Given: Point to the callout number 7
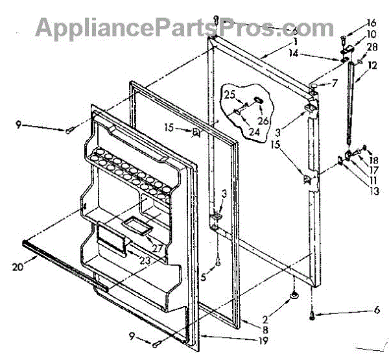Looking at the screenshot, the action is click(x=335, y=83).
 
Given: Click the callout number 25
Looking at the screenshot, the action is click(x=230, y=95).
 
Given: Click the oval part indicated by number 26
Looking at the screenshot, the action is click(x=257, y=101).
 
